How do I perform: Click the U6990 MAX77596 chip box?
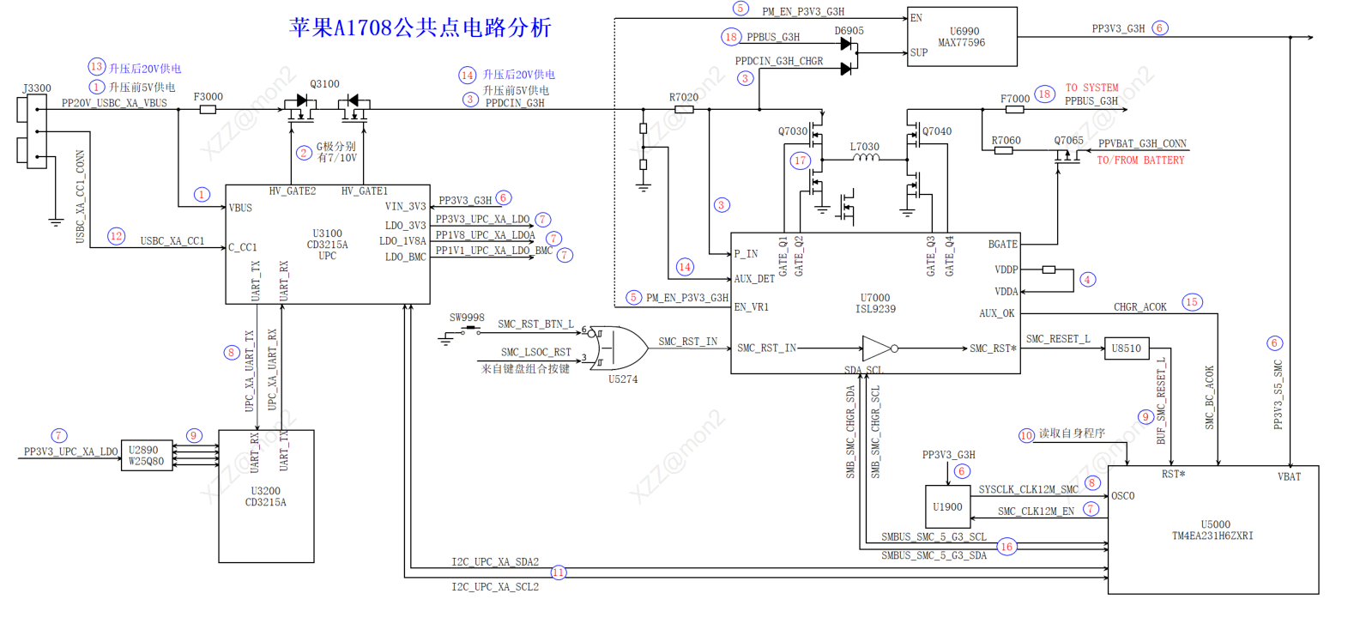point(962,37)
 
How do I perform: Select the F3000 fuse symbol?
point(208,110)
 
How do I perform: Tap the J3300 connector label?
point(37,88)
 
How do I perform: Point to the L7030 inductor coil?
point(865,158)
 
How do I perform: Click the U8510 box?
point(1126,348)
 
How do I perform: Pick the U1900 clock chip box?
point(947,507)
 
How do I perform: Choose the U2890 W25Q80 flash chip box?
point(146,456)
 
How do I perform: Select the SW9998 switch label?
point(467,318)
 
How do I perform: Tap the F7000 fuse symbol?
point(1015,110)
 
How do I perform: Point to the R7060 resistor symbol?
point(1003,151)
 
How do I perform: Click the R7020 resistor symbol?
point(684,110)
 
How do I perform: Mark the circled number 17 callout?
point(801,161)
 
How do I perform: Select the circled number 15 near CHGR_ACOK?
point(1192,302)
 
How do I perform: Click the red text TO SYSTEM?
point(1091,88)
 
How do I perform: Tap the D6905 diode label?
point(849,31)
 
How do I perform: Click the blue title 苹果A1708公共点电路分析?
point(420,27)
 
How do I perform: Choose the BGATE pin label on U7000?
point(1002,245)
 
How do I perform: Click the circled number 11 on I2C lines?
point(559,572)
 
